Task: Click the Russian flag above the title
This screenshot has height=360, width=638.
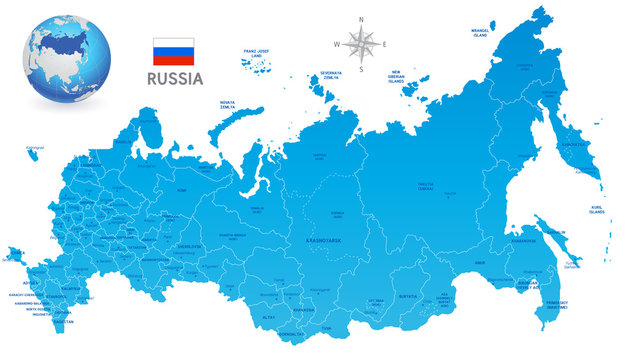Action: pos(173,51)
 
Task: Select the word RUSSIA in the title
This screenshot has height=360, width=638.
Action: pos(174,77)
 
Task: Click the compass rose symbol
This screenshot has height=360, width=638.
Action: pos(360,42)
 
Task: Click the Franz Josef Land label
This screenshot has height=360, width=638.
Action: pos(258,51)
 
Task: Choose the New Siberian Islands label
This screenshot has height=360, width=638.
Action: pos(403,75)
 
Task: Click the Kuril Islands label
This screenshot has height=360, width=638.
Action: pos(597,210)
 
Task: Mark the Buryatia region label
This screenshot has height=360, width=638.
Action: pos(407,297)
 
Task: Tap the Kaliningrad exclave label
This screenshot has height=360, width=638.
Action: pos(36,147)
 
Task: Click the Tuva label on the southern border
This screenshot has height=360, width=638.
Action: pos(325,326)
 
